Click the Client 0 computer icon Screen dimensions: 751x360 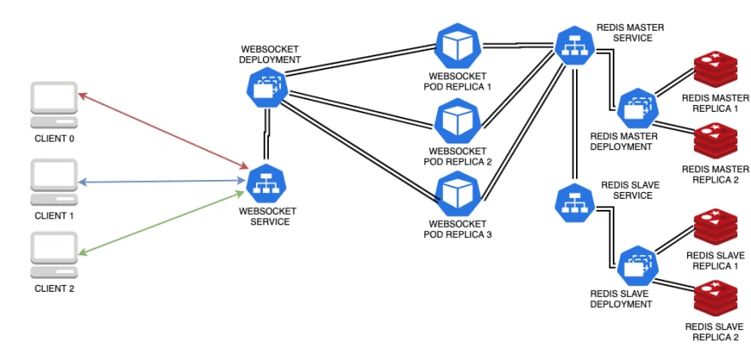pyautogui.click(x=54, y=105)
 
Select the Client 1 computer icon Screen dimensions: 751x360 pyautogui.click(x=54, y=182)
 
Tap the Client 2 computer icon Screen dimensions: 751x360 pyautogui.click(x=54, y=255)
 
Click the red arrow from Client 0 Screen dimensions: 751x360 pyautogui.click(x=163, y=131)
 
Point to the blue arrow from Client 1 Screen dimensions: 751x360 pyautogui.click(x=161, y=182)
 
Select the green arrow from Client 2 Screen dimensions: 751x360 pyautogui.click(x=161, y=223)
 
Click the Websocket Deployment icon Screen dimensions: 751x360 pyautogui.click(x=267, y=88)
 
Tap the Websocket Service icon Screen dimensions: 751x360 pyautogui.click(x=266, y=184)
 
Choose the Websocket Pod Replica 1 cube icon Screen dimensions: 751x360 pyautogui.click(x=458, y=46)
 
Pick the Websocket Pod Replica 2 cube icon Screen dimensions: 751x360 pyautogui.click(x=458, y=120)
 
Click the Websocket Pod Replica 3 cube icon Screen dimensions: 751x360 pyautogui.click(x=458, y=194)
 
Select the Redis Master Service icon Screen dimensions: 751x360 pyautogui.click(x=574, y=47)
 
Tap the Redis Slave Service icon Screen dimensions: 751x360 pyautogui.click(x=574, y=203)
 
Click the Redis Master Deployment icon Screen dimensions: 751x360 pyautogui.click(x=638, y=108)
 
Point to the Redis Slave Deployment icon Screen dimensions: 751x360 pyautogui.click(x=638, y=266)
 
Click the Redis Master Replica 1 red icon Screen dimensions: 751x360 pyautogui.click(x=715, y=68)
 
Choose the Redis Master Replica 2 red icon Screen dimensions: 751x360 pyautogui.click(x=715, y=142)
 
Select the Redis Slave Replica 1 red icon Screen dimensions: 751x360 pyautogui.click(x=715, y=227)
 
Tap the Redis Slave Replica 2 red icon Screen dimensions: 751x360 pyautogui.click(x=715, y=299)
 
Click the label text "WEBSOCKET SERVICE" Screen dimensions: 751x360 pyautogui.click(x=267, y=217)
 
